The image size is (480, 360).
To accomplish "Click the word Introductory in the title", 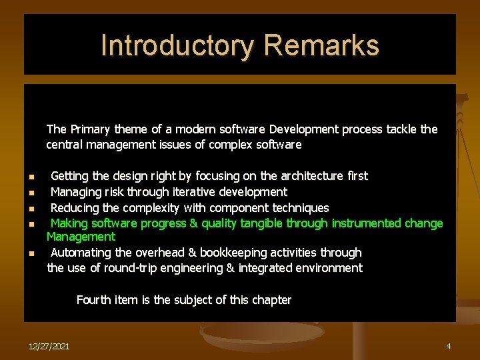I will pyautogui.click(x=177, y=46).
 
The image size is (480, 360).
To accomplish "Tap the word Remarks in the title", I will pyautogui.click(x=321, y=46).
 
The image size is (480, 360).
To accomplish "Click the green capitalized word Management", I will pyautogui.click(x=81, y=237).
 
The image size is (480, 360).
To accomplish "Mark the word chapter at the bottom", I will pyautogui.click(x=271, y=300).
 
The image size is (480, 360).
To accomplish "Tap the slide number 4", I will pyautogui.click(x=449, y=347).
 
